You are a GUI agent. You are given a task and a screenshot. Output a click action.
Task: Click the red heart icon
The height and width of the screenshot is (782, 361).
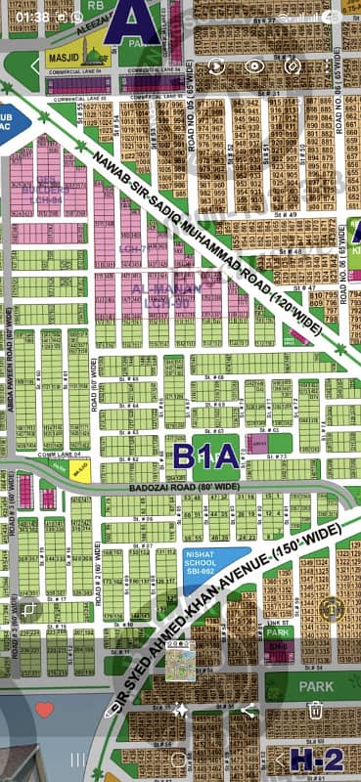point(43,709)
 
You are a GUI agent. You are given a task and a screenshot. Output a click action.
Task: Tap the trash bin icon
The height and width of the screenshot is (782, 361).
point(315,711)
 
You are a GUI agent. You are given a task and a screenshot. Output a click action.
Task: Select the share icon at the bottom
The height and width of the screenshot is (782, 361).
point(248,711)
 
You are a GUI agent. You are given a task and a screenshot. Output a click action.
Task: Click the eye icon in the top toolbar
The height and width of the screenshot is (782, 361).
point(254,65)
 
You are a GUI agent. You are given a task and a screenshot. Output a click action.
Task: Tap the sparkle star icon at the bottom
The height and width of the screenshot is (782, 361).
point(179,711)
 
